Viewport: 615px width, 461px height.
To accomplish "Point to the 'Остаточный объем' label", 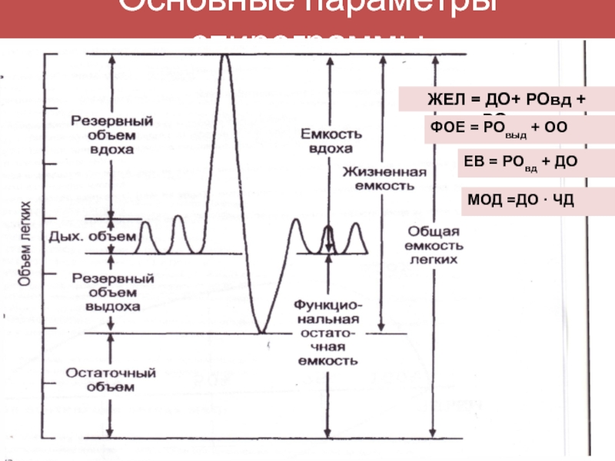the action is pos(111,380).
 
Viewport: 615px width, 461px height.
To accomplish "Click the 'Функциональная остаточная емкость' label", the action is pos(326,331).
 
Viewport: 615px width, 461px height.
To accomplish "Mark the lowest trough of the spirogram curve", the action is pos(261,332).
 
